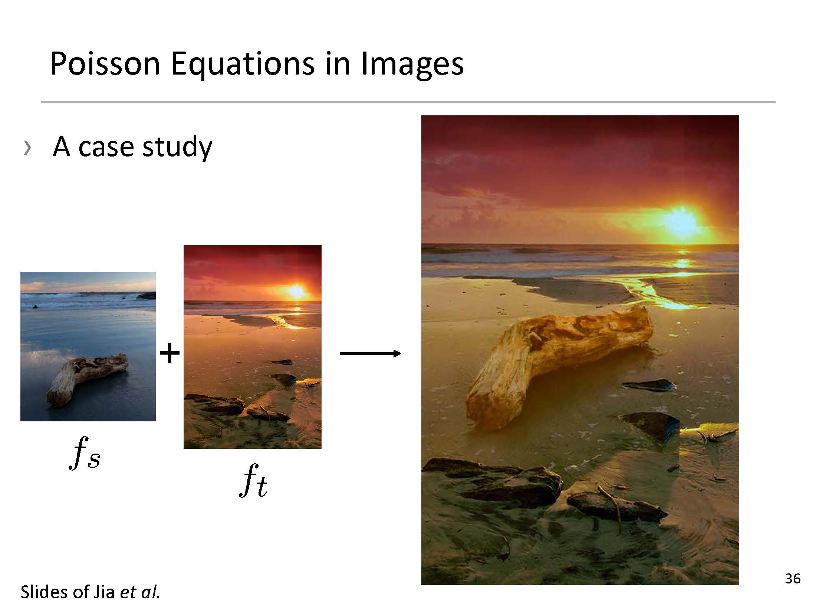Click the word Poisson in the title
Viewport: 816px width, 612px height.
coord(105,63)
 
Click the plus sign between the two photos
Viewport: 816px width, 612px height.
coord(170,353)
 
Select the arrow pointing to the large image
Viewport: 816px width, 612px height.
coord(370,353)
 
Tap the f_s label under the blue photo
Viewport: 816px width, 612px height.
coord(85,453)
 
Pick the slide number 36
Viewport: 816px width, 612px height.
coord(793,579)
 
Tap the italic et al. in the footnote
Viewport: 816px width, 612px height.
coord(140,592)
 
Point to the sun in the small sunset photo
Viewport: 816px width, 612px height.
coord(296,291)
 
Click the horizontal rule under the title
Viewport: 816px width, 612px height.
coord(408,102)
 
